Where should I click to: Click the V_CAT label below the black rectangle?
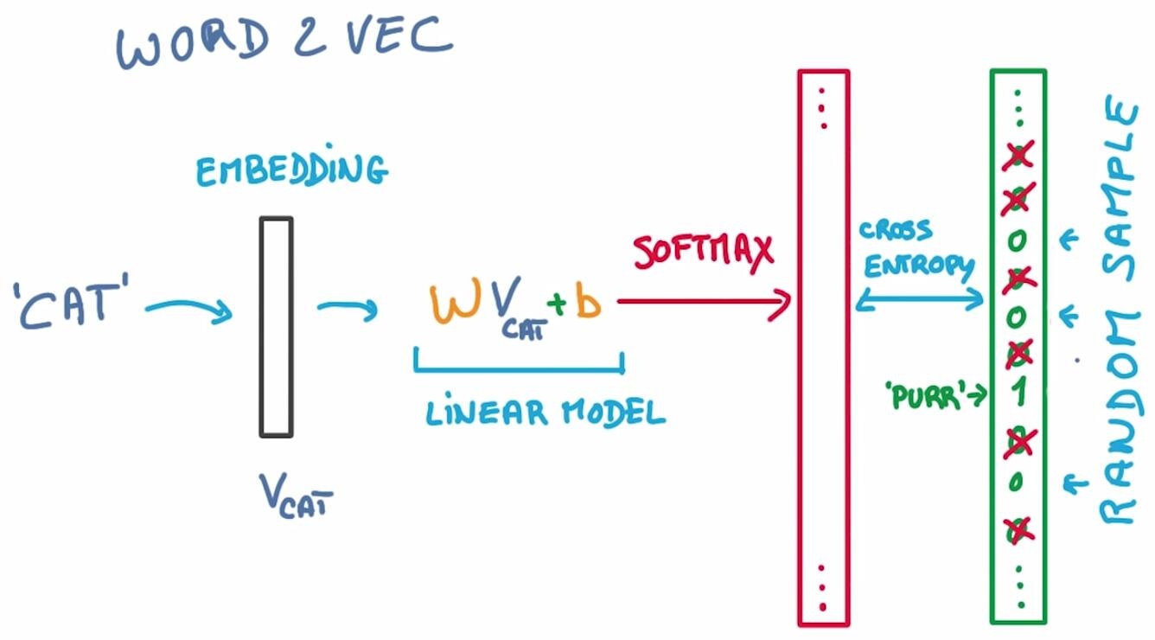coord(295,496)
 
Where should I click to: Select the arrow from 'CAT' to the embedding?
coord(188,309)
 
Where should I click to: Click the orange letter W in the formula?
coord(450,304)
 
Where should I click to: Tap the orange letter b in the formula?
coord(588,304)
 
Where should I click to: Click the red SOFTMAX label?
coord(702,252)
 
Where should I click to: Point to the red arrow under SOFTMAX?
coord(705,302)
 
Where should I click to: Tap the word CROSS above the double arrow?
coord(895,231)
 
